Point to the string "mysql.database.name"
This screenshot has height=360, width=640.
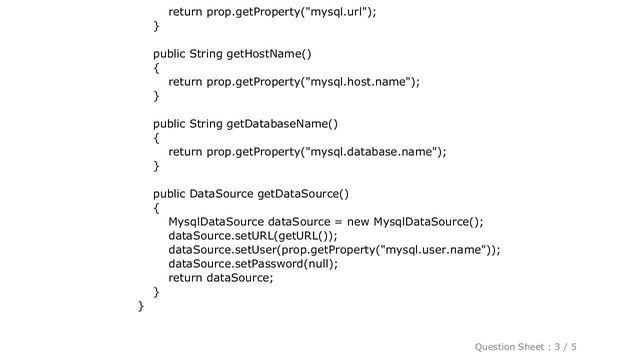369,152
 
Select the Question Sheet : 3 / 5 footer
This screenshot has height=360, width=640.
548,345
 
